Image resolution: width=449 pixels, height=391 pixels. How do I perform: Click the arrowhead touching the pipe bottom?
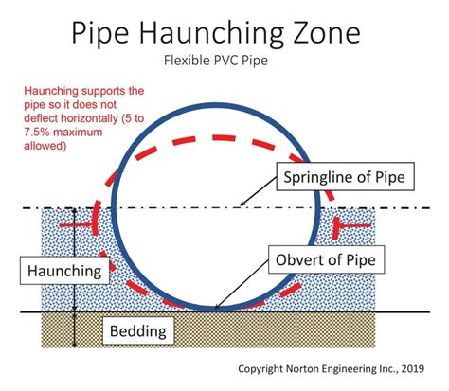(218, 307)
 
